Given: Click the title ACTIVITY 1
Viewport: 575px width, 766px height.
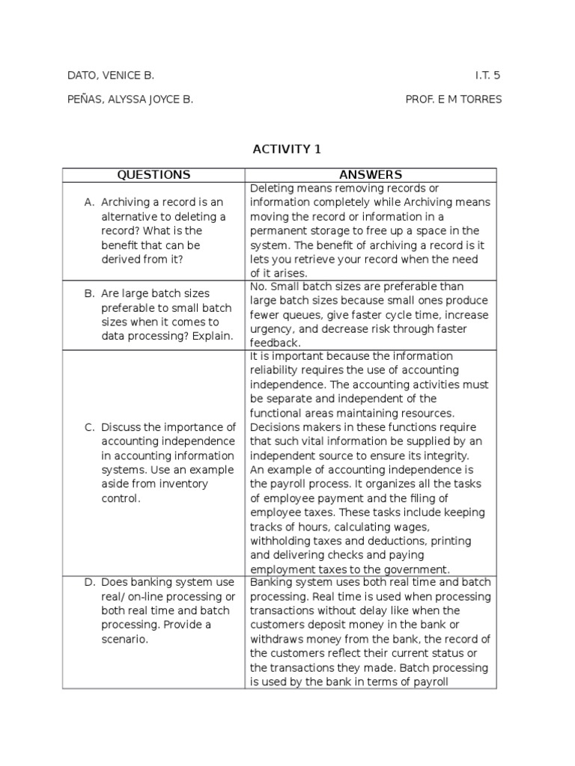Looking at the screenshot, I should click(287, 149).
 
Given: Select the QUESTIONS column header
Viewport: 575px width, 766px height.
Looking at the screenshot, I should click(153, 175).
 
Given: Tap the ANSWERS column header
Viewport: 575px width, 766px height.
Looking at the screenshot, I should click(370, 175).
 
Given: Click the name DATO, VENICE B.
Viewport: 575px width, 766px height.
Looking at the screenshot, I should click(111, 76).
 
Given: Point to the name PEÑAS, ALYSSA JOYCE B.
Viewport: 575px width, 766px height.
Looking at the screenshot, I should click(130, 99).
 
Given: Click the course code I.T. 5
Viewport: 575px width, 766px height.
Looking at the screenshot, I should click(487, 76).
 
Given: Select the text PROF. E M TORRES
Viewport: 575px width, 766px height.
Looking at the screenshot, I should click(454, 99).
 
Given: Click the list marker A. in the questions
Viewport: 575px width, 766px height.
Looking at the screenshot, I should click(90, 203).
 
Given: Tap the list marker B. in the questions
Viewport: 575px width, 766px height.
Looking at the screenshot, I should click(90, 294).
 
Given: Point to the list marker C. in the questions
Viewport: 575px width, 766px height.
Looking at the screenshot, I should click(90, 428).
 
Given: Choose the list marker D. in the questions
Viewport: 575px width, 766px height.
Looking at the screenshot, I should click(90, 582).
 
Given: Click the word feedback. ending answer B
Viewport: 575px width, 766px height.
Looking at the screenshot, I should click(274, 343).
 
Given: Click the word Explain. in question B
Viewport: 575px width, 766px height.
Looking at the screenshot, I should click(212, 337).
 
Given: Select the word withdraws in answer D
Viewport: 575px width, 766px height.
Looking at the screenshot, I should click(277, 639).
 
